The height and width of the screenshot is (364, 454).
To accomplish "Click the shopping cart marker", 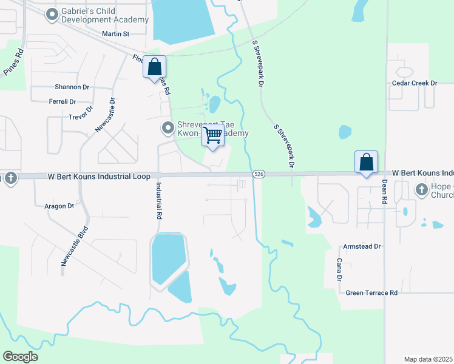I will pos(213,135).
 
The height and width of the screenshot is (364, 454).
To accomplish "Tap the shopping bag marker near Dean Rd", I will pos(366,162).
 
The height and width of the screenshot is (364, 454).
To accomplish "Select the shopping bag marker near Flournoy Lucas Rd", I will pos(155,67).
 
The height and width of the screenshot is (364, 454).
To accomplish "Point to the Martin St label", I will pos(116,34).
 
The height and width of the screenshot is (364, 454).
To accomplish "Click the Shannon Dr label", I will pos(72,87).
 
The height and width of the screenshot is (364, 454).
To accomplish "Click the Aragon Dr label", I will pos(59,206).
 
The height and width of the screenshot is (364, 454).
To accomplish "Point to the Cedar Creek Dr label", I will pos(415,83).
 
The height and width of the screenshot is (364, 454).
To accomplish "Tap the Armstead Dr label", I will pos(361,247).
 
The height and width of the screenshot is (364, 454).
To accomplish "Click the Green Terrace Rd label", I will pos(371,293).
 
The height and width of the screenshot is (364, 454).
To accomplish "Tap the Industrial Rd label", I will pos(160,200).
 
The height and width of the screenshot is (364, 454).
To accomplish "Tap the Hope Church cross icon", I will pos(421,190).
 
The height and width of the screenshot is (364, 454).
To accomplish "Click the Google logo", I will pos(20,357).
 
